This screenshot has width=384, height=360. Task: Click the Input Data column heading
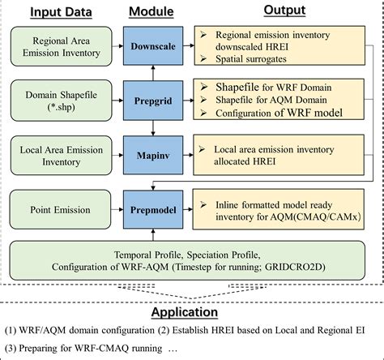(x=55, y=10)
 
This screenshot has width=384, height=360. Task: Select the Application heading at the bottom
(x=190, y=312)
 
